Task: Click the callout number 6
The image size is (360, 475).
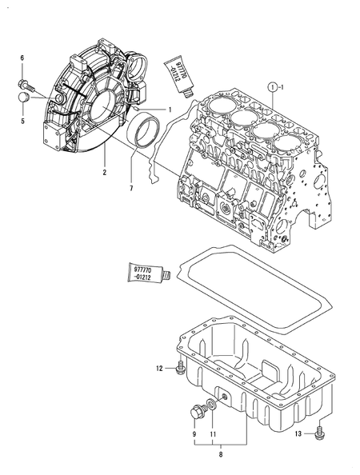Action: (22, 59)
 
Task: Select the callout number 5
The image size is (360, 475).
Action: (22, 121)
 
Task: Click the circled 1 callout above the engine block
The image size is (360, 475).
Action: (273, 86)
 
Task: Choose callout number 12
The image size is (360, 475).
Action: (160, 368)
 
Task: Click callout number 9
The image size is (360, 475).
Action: (193, 434)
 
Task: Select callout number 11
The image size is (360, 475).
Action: (213, 434)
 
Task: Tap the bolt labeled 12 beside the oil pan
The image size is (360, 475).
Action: (182, 368)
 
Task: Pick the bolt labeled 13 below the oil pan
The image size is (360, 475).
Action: (321, 433)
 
